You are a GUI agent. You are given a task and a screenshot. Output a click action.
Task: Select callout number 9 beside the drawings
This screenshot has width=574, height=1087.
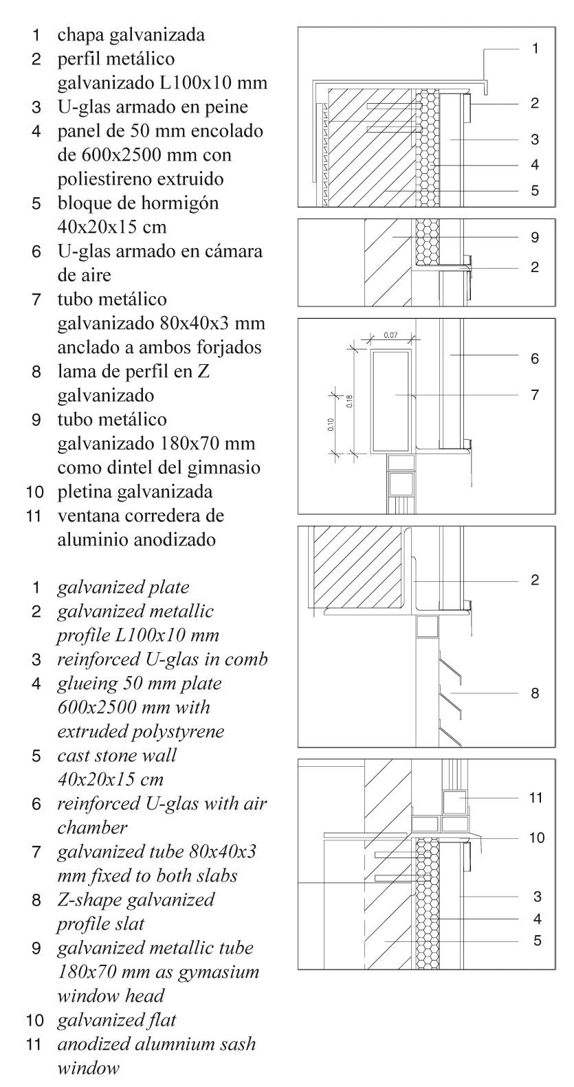535,238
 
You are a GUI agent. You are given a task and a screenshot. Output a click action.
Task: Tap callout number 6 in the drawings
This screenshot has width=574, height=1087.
535,358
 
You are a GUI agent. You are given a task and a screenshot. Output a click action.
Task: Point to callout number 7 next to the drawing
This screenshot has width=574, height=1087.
535,395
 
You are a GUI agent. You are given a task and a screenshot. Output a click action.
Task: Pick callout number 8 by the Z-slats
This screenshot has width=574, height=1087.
535,693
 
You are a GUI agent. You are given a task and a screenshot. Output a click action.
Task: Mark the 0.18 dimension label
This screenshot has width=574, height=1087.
350,401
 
